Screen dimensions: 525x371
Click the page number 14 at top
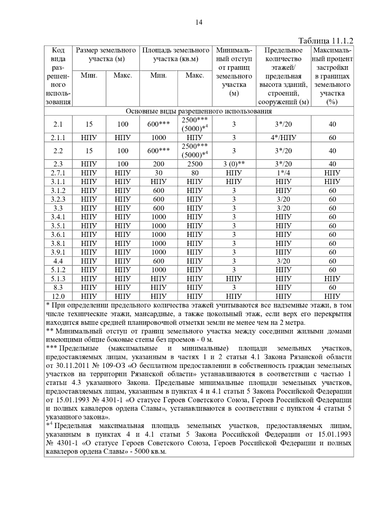[x=199, y=22]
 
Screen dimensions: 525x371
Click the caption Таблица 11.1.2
[x=326, y=41]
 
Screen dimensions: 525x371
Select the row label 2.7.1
[x=58, y=173]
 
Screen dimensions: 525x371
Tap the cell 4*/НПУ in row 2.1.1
[x=283, y=138]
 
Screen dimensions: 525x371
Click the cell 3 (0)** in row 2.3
[x=234, y=164]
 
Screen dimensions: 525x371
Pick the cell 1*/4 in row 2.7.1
[x=283, y=173]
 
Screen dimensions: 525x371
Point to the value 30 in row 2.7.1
[x=158, y=173]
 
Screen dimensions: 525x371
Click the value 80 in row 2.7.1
[x=195, y=173]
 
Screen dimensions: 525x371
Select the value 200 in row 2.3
[x=158, y=164]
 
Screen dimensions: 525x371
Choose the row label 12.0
[x=58, y=297]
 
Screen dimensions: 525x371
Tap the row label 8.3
[x=58, y=288]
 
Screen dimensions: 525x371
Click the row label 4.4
[x=58, y=261]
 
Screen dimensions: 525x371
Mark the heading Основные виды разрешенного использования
[x=198, y=111]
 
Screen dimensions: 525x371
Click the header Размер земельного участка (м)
[x=106, y=54]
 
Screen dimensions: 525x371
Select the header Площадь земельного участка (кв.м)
[x=176, y=54]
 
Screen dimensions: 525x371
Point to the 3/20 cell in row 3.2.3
[x=283, y=199]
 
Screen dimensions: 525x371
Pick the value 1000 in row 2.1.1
[x=158, y=138]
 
